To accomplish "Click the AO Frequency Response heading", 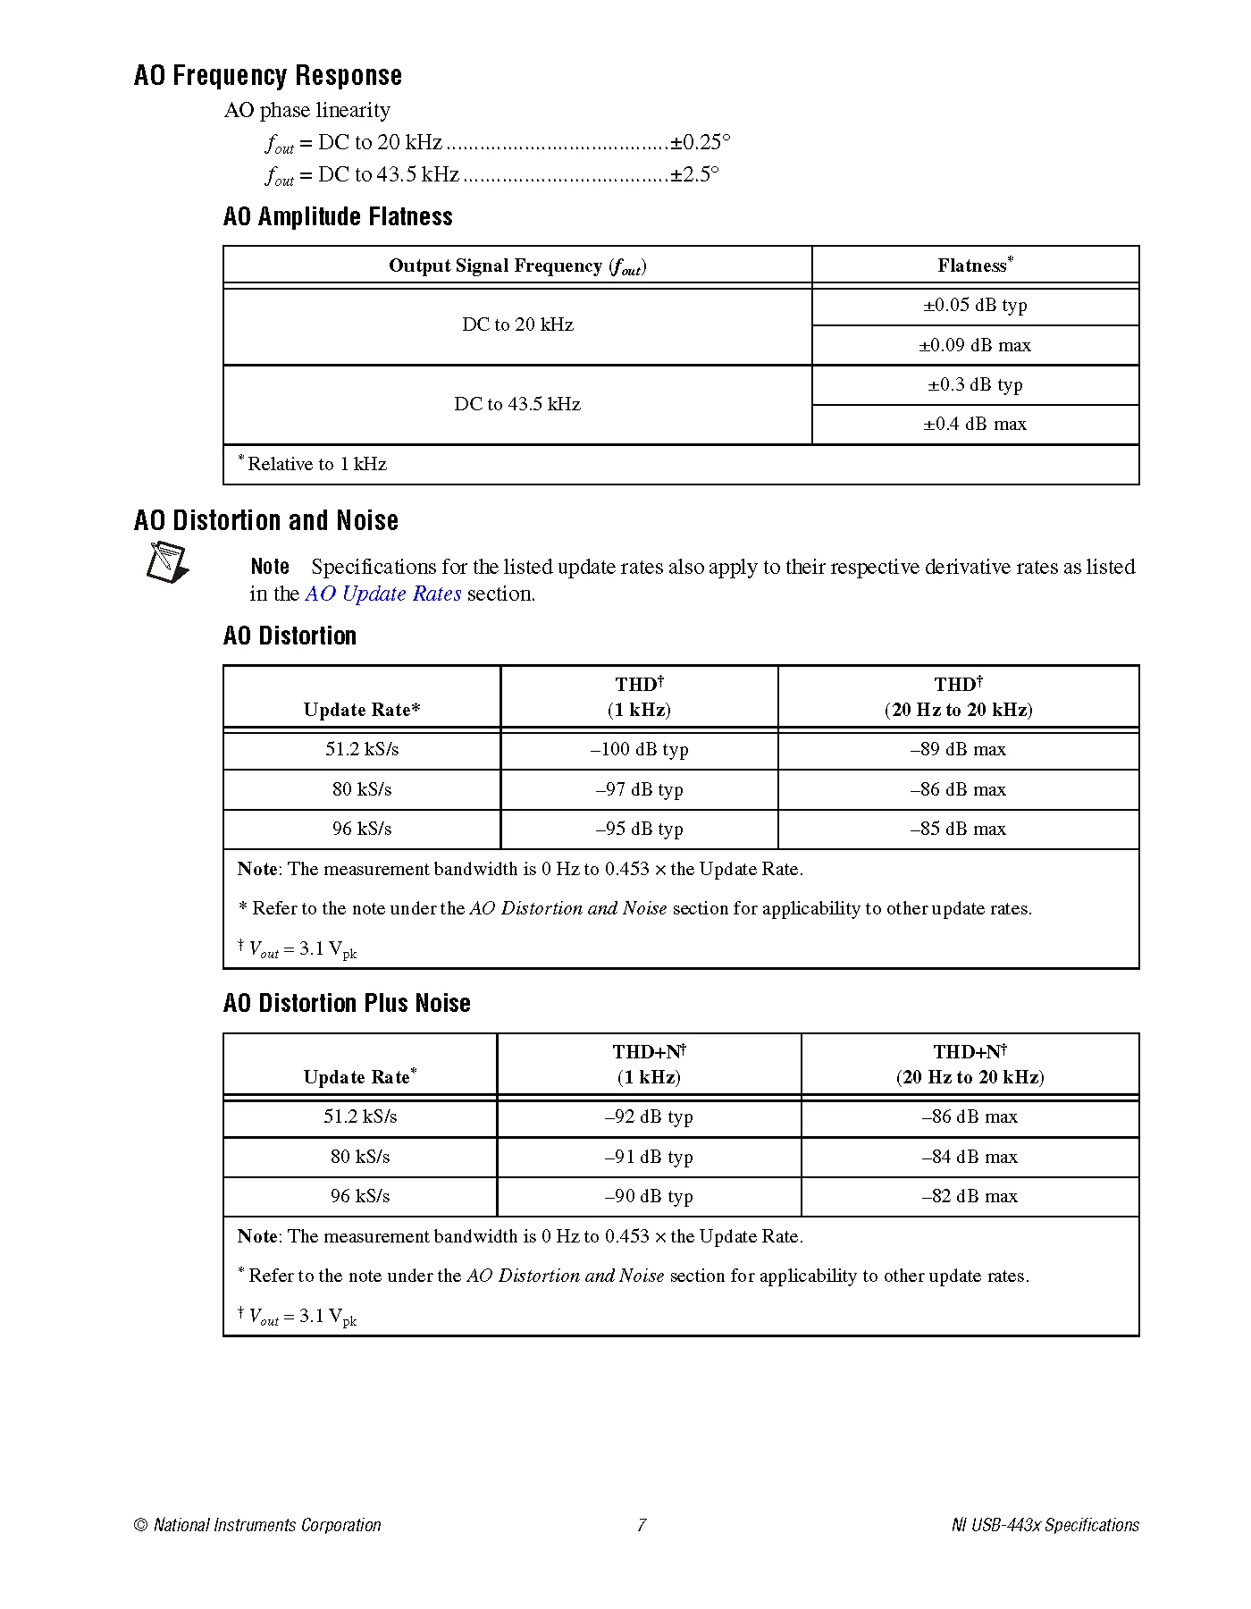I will coord(267,75).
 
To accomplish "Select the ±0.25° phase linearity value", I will coord(701,142).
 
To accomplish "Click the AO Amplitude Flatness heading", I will coord(338,216).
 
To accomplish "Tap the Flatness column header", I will coord(975,265).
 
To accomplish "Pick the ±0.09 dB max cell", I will coord(975,345).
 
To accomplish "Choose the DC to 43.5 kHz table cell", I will coord(517,404).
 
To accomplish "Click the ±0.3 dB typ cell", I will coord(975,384).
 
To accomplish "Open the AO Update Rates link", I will coord(383,594).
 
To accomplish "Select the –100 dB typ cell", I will coord(639,749).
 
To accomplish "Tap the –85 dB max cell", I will coord(958,829).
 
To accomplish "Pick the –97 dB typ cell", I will coord(639,789).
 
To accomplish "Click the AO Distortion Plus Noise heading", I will coord(347,1003).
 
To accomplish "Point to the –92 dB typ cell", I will coord(649,1116).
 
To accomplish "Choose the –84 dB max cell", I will coord(970,1157).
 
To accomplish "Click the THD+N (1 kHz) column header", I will coord(649,1064).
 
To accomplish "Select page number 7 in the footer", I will coord(641,1525).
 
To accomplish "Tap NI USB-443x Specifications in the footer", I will coord(1045,1525).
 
